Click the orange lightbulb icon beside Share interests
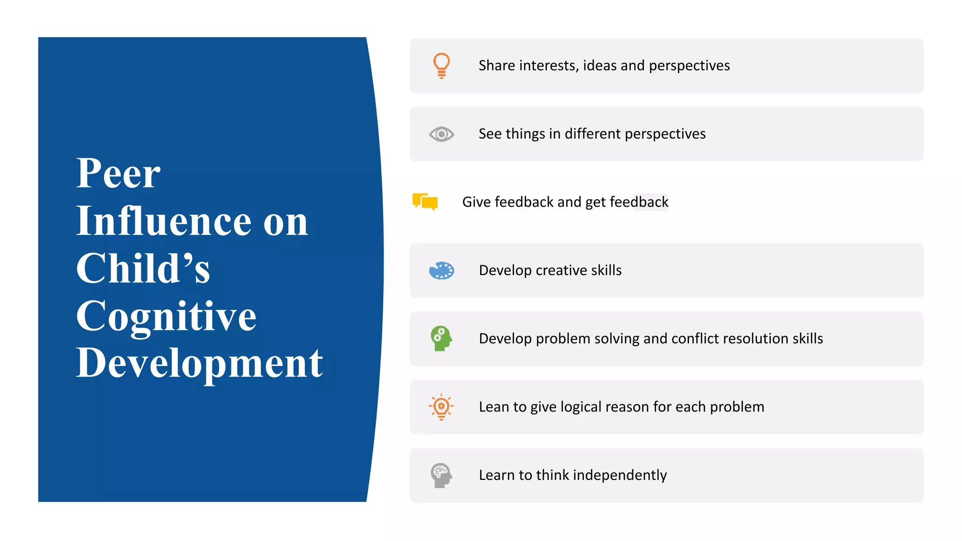(x=441, y=65)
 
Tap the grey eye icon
(x=441, y=134)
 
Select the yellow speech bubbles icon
(x=425, y=202)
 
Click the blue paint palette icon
(x=442, y=270)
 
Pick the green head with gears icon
(x=441, y=339)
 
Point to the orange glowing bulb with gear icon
(x=441, y=407)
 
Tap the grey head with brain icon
(x=441, y=475)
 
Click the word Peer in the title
(x=118, y=174)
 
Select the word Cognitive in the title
(x=166, y=317)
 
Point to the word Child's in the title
(x=143, y=269)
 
